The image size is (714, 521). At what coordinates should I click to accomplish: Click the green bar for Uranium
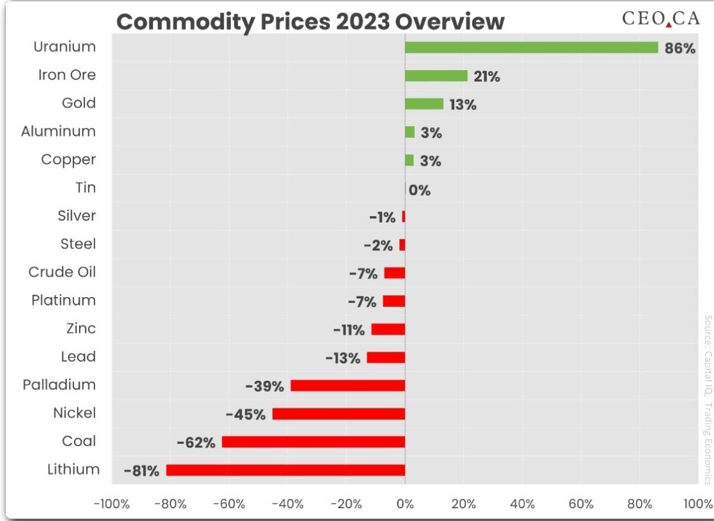pyautogui.click(x=531, y=48)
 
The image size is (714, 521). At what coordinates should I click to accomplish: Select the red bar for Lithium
pyautogui.click(x=286, y=470)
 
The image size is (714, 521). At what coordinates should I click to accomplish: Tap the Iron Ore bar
pyautogui.click(x=436, y=76)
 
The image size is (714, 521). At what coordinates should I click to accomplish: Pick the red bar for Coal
pyautogui.click(x=313, y=442)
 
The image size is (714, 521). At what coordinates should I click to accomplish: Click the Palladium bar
pyautogui.click(x=348, y=386)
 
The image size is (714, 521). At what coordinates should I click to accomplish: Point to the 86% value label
pyautogui.click(x=680, y=48)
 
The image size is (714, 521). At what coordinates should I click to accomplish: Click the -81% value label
pyautogui.click(x=142, y=470)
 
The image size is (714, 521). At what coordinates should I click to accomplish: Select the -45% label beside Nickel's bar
pyautogui.click(x=246, y=414)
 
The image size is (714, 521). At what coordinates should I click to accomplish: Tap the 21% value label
pyautogui.click(x=487, y=77)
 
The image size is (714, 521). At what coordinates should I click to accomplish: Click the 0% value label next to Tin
pyautogui.click(x=419, y=190)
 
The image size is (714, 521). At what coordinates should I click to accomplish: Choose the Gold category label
pyautogui.click(x=78, y=103)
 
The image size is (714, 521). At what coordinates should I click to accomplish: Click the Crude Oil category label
pyautogui.click(x=62, y=272)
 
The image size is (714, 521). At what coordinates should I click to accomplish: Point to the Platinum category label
pyautogui.click(x=63, y=300)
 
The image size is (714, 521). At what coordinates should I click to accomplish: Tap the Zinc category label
pyautogui.click(x=81, y=328)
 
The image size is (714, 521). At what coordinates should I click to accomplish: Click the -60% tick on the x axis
pyautogui.click(x=229, y=504)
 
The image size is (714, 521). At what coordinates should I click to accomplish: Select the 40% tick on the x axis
pyautogui.click(x=522, y=504)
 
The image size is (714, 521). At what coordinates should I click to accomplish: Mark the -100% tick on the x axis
pyautogui.click(x=111, y=504)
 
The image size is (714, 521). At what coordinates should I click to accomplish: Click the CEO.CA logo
pyautogui.click(x=661, y=18)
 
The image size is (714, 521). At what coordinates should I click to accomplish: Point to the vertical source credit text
pyautogui.click(x=708, y=399)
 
